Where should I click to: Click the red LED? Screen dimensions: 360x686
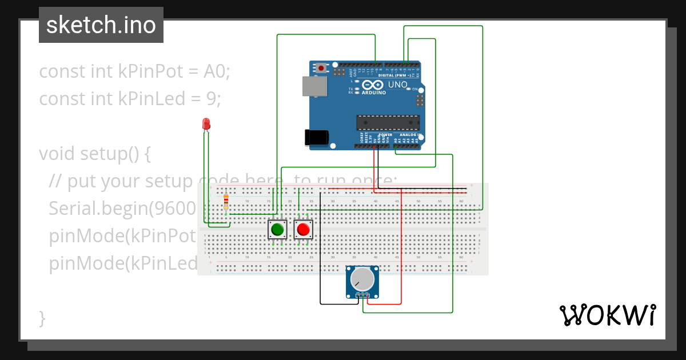(206, 123)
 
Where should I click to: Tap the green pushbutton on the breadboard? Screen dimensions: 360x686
(277, 230)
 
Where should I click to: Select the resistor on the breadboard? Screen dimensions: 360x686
(226, 202)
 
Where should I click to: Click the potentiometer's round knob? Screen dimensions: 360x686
(362, 279)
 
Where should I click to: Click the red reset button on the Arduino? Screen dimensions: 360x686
(321, 69)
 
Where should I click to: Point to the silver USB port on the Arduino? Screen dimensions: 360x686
(314, 86)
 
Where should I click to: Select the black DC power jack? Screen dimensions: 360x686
(316, 137)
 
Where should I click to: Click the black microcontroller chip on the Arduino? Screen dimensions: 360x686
(388, 122)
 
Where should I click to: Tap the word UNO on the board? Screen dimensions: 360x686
(398, 85)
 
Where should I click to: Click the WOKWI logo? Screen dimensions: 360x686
(607, 315)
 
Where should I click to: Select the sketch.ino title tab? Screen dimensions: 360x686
(101, 25)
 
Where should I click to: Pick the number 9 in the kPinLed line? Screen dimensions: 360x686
(210, 99)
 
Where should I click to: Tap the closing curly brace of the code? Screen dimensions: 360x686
(42, 318)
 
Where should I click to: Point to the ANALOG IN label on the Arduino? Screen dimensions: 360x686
(410, 135)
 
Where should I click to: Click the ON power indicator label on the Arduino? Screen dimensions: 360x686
(415, 90)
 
